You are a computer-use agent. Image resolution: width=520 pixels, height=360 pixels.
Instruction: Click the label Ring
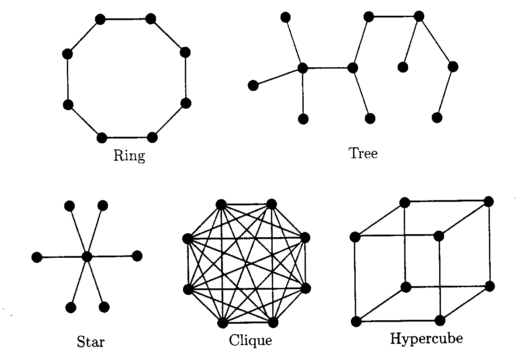point(129,156)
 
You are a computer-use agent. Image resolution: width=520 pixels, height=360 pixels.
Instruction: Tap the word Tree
point(363,153)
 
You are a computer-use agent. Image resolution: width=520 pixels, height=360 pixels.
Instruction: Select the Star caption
point(90,341)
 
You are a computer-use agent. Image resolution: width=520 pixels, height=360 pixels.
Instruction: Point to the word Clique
point(250,340)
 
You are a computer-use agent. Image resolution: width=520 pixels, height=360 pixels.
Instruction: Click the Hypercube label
point(426,339)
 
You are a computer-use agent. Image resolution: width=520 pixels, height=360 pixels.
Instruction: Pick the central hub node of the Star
point(87,256)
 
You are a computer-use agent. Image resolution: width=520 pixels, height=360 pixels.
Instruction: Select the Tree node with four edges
point(302,68)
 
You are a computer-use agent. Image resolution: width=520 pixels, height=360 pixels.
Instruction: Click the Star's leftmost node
point(37,257)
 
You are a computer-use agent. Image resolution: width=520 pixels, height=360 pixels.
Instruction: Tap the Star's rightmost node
point(137,256)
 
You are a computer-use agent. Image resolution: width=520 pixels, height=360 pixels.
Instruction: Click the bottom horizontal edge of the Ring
point(127,138)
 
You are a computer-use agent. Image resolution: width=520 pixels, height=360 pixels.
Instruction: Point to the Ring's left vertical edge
point(68,80)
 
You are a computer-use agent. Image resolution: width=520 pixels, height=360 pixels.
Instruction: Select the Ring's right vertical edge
point(185,78)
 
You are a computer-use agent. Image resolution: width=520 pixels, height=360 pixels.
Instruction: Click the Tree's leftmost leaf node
point(253,85)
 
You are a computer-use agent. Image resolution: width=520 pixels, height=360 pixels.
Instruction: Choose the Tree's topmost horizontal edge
point(393,17)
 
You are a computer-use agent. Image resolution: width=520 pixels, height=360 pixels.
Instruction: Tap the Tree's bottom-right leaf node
point(437,118)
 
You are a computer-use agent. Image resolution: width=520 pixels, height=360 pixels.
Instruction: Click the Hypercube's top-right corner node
point(489,201)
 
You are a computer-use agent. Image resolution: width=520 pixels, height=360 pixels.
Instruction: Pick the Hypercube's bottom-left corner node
point(356,322)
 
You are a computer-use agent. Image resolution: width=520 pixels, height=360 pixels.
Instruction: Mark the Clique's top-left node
point(221,204)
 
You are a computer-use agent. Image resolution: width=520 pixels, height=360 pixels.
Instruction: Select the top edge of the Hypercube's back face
point(447,202)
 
